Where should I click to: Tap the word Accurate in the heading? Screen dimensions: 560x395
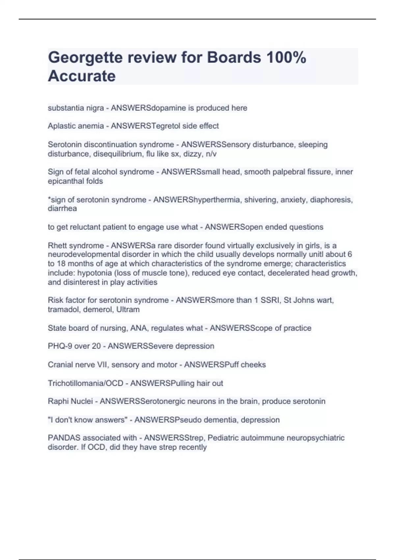click(82, 76)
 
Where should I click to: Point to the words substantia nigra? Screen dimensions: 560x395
click(76, 108)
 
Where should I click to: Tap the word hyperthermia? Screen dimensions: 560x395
click(215, 200)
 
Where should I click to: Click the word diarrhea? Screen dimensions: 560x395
click(62, 209)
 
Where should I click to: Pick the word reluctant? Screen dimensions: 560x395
click(87, 227)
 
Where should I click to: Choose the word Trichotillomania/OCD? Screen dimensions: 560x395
click(85, 383)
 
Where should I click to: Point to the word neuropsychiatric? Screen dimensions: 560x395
click(316, 438)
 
